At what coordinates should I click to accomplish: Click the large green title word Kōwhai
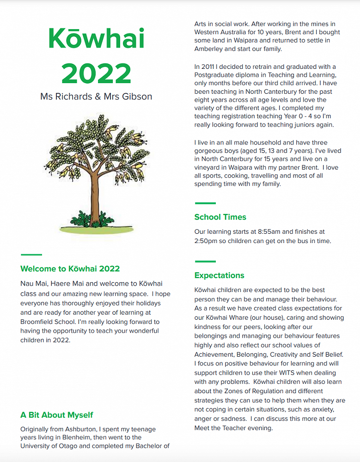pyautogui.click(x=96, y=39)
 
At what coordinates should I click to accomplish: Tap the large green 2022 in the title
pyautogui.click(x=96, y=73)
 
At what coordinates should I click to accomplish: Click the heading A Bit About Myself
pyautogui.click(x=57, y=415)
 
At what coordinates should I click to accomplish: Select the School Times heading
pyautogui.click(x=220, y=217)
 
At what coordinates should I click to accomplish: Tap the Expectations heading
pyautogui.click(x=219, y=275)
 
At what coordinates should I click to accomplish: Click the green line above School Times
pyautogui.click(x=205, y=203)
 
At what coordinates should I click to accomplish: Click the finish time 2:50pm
pyautogui.click(x=207, y=241)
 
